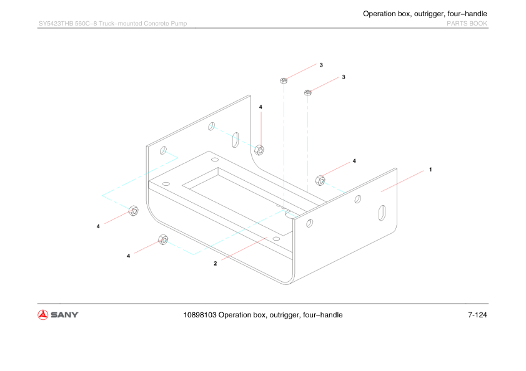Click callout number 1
click(x=430, y=169)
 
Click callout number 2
click(x=215, y=263)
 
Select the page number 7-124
click(x=477, y=315)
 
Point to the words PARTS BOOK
click(x=467, y=24)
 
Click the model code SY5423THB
click(x=60, y=24)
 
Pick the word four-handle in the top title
click(x=467, y=14)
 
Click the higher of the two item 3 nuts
click(x=284, y=80)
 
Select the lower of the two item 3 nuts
click(x=307, y=93)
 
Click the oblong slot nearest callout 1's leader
click(x=382, y=213)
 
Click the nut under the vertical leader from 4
click(x=260, y=149)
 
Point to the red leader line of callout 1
click(x=403, y=180)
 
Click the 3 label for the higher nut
click(x=321, y=65)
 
